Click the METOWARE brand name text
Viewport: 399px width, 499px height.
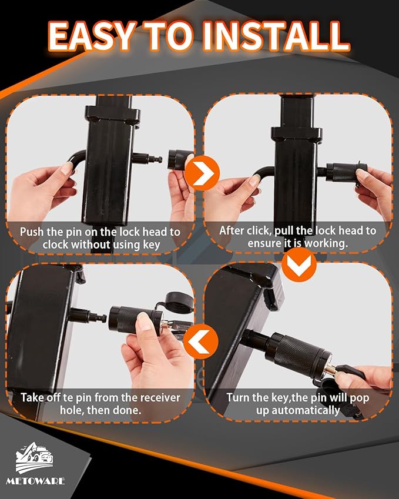pos(41,481)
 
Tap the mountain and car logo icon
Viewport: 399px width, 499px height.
pos(40,459)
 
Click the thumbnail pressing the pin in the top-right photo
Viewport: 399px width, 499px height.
pos(254,180)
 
